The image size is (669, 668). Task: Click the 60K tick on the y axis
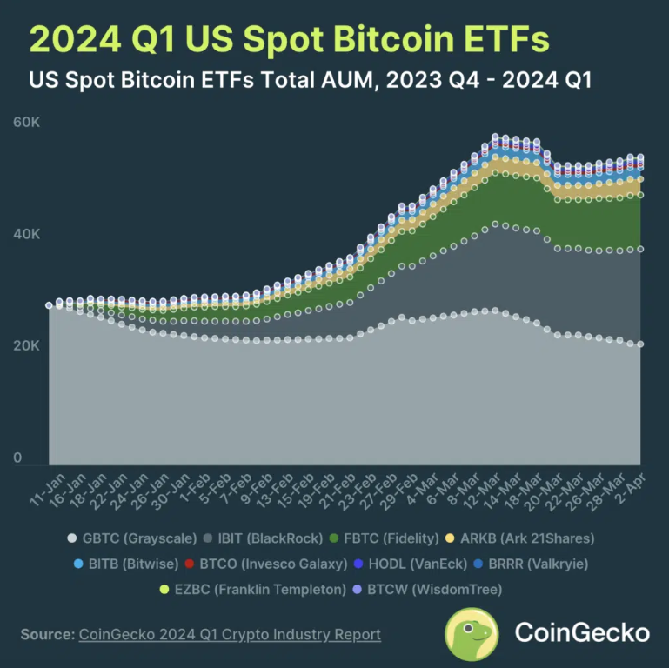point(26,123)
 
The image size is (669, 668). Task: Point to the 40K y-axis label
point(26,234)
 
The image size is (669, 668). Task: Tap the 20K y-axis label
point(26,346)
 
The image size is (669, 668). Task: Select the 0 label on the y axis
point(17,458)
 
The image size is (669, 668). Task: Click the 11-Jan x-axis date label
point(49,491)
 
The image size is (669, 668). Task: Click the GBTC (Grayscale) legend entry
point(132,538)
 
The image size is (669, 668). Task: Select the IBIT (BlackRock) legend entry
point(264,538)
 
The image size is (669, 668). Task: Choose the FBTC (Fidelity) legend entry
point(384,538)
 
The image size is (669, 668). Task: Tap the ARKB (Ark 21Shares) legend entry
point(519,538)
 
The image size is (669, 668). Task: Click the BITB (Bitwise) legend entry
point(126,564)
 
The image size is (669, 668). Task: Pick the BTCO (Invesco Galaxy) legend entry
point(266,564)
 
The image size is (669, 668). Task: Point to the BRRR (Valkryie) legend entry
point(531,564)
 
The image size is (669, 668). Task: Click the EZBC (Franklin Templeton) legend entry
point(253,590)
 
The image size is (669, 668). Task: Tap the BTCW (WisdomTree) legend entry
point(427,590)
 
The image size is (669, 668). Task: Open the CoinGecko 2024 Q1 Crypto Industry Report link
point(230,635)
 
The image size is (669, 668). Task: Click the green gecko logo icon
point(472,634)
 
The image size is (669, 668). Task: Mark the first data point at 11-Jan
point(49,305)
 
